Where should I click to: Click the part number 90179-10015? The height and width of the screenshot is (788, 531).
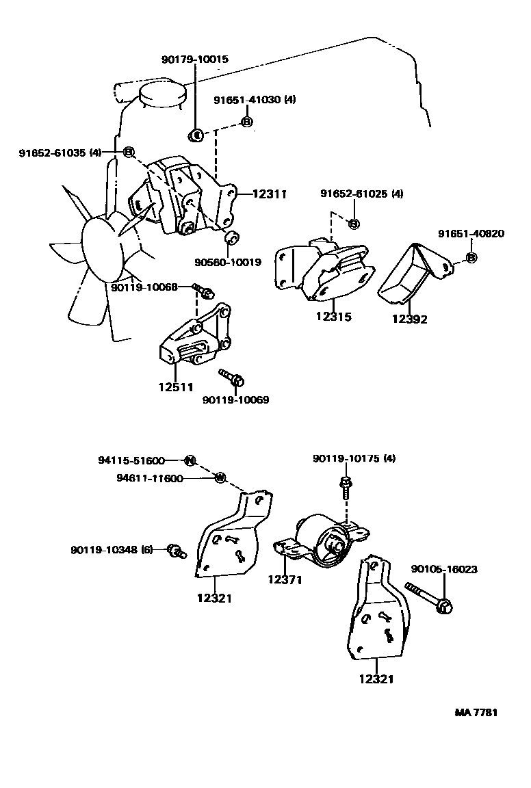[195, 60]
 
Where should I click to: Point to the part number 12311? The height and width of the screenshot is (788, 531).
[269, 194]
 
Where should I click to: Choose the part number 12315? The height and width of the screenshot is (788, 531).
[333, 317]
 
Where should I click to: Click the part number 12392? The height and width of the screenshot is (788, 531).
[410, 319]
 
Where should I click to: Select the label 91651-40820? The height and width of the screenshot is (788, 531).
[471, 234]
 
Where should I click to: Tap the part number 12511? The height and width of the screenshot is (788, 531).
[176, 387]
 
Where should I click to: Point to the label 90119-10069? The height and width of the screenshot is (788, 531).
[235, 399]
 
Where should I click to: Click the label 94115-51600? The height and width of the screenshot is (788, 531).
[131, 460]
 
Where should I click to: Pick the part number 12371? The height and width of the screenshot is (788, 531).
[285, 580]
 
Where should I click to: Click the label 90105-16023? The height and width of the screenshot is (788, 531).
[444, 569]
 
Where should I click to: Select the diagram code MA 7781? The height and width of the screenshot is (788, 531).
[476, 712]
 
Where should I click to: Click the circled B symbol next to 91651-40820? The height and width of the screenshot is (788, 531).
[471, 258]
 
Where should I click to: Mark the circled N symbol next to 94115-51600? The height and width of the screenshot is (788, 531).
[190, 460]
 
